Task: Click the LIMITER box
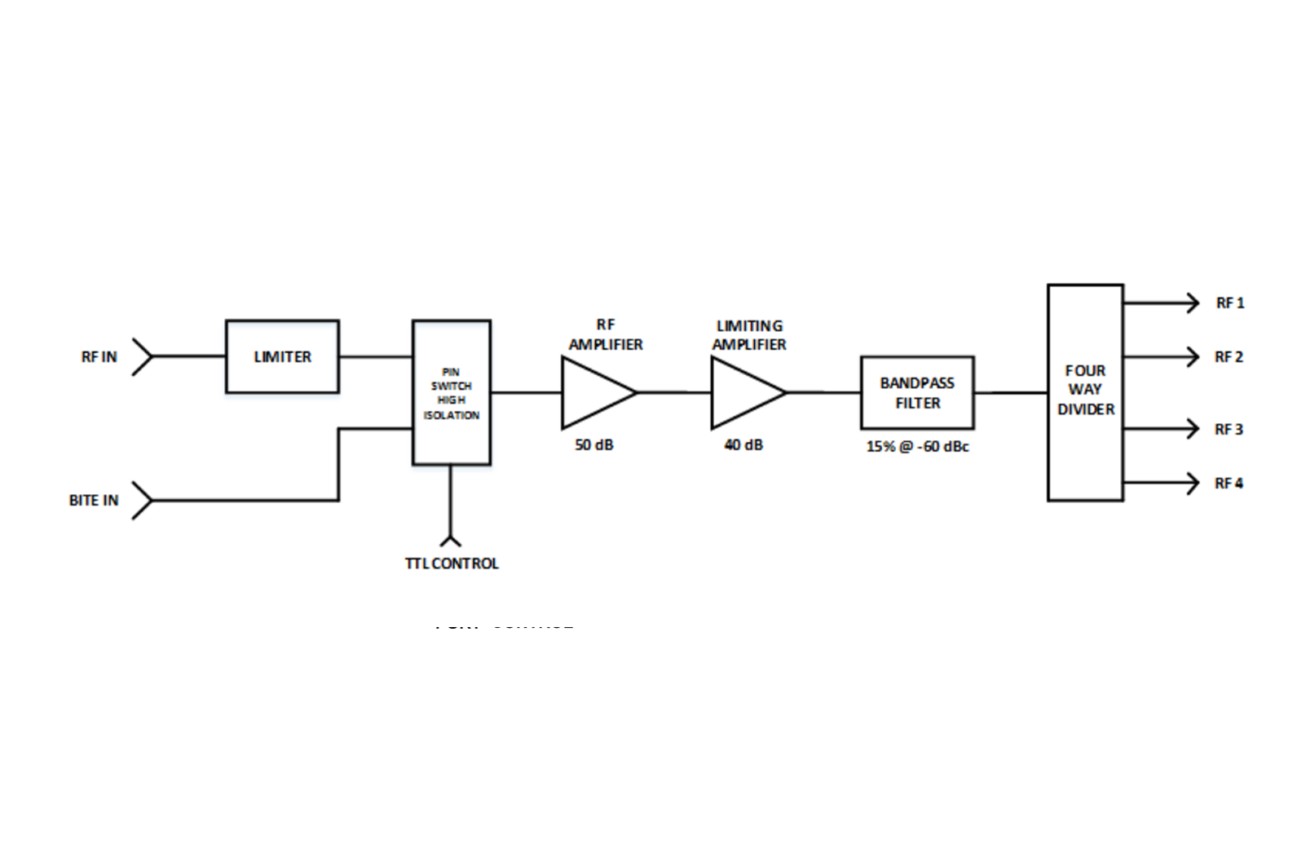(282, 356)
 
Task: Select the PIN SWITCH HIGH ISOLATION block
(452, 392)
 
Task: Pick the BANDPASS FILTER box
(917, 392)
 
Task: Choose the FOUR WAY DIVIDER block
(1085, 391)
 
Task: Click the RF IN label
(99, 356)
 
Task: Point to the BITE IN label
(94, 500)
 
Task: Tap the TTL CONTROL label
(452, 563)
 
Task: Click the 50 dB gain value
(593, 445)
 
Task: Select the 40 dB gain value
(743, 445)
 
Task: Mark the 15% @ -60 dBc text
(917, 447)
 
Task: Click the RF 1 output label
(1230, 303)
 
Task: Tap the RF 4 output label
(1229, 484)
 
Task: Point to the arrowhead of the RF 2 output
(1193, 356)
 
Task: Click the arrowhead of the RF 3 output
(1193, 428)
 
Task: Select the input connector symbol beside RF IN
(143, 356)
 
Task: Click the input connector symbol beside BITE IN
(143, 500)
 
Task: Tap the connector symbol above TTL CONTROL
(450, 539)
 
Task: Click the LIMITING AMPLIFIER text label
(749, 335)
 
